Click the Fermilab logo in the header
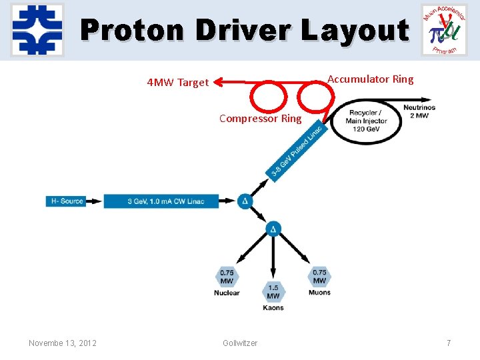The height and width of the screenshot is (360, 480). pyautogui.click(x=37, y=30)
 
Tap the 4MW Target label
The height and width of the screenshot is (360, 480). pyautogui.click(x=178, y=83)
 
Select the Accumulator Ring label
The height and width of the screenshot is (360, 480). pyautogui.click(x=370, y=79)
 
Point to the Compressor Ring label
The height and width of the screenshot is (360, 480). pyautogui.click(x=261, y=119)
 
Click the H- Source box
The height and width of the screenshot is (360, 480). pyautogui.click(x=67, y=201)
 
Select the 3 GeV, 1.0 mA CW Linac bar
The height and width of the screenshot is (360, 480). pyautogui.click(x=161, y=201)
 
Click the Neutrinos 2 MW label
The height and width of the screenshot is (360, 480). pyautogui.click(x=419, y=111)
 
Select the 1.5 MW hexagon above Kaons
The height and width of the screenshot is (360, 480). pyautogui.click(x=273, y=291)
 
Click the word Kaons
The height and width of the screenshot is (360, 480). pyautogui.click(x=273, y=308)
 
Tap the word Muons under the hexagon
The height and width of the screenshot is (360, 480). pyautogui.click(x=319, y=293)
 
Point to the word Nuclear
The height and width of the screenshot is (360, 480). pyautogui.click(x=227, y=293)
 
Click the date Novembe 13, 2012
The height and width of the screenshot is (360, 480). pyautogui.click(x=63, y=343)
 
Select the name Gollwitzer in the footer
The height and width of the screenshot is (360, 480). pyautogui.click(x=240, y=343)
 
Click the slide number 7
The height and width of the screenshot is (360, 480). pyautogui.click(x=449, y=343)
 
